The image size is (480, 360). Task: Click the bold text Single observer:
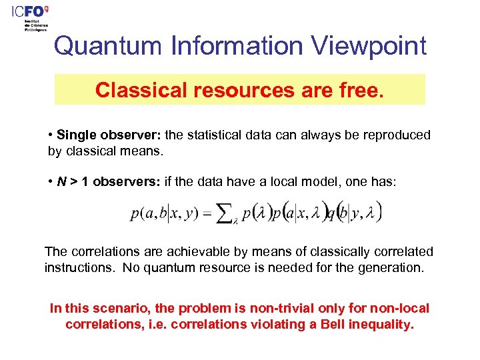click(108, 135)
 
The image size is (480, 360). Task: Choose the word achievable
click(174, 251)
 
